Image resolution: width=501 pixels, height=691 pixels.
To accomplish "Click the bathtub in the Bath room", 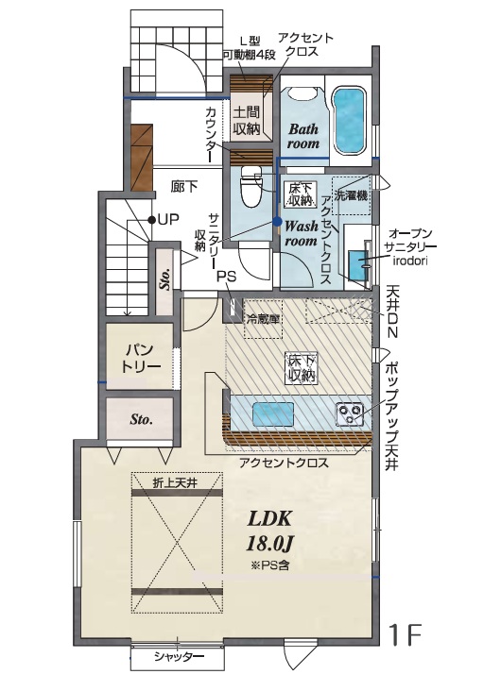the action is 349,120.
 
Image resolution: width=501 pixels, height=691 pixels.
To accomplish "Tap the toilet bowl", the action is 250,187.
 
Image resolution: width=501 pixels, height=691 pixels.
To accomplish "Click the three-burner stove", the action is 350,413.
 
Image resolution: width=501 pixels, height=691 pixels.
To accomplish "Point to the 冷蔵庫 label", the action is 263,319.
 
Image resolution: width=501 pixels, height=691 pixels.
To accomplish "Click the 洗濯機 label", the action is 352,194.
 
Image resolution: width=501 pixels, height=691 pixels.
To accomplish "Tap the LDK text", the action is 269,518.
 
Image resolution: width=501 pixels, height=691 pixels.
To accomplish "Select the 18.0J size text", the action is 269,544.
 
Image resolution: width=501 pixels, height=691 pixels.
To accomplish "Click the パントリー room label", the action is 141,359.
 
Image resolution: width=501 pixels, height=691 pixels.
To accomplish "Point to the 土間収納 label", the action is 247,120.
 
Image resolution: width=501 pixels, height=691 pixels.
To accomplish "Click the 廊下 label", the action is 183,186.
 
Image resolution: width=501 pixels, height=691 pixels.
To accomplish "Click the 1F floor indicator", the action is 406,634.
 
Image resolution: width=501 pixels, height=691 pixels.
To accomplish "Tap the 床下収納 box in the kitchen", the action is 301,367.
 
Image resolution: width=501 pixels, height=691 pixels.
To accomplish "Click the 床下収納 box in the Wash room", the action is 301,194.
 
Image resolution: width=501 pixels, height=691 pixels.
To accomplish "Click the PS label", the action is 227,277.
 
